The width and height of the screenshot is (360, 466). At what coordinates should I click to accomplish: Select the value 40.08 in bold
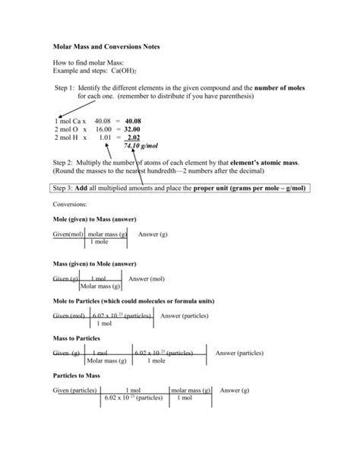pos(133,121)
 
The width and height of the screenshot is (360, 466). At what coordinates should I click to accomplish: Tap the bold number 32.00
pos(133,129)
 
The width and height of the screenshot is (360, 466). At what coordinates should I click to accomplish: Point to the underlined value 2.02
pos(133,138)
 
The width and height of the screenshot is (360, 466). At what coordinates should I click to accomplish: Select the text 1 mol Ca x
pos(71,121)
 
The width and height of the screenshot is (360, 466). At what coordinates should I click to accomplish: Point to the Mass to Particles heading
pos(76,338)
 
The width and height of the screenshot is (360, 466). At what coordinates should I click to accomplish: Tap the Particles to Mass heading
pos(76,375)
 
